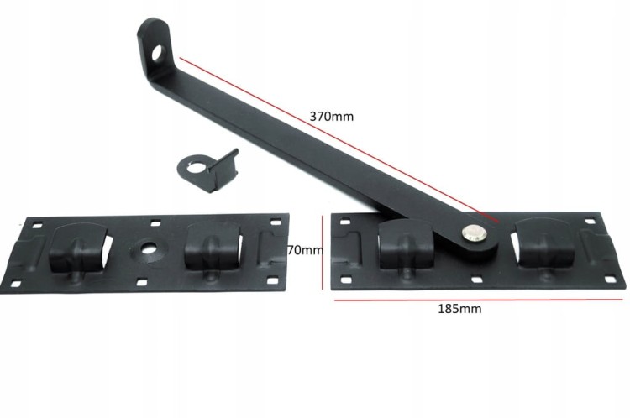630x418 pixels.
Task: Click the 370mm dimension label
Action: pyautogui.click(x=332, y=117)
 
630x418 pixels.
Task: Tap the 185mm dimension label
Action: pyautogui.click(x=459, y=309)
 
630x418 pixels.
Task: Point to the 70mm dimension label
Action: pyautogui.click(x=306, y=250)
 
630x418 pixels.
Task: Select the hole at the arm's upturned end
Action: pyautogui.click(x=159, y=53)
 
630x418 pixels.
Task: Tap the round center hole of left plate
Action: pyautogui.click(x=148, y=248)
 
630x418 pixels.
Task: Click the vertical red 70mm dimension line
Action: pyautogui.click(x=323, y=252)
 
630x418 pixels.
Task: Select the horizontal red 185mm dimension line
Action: pyautogui.click(x=479, y=300)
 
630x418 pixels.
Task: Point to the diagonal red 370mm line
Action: pyautogui.click(x=339, y=139)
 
